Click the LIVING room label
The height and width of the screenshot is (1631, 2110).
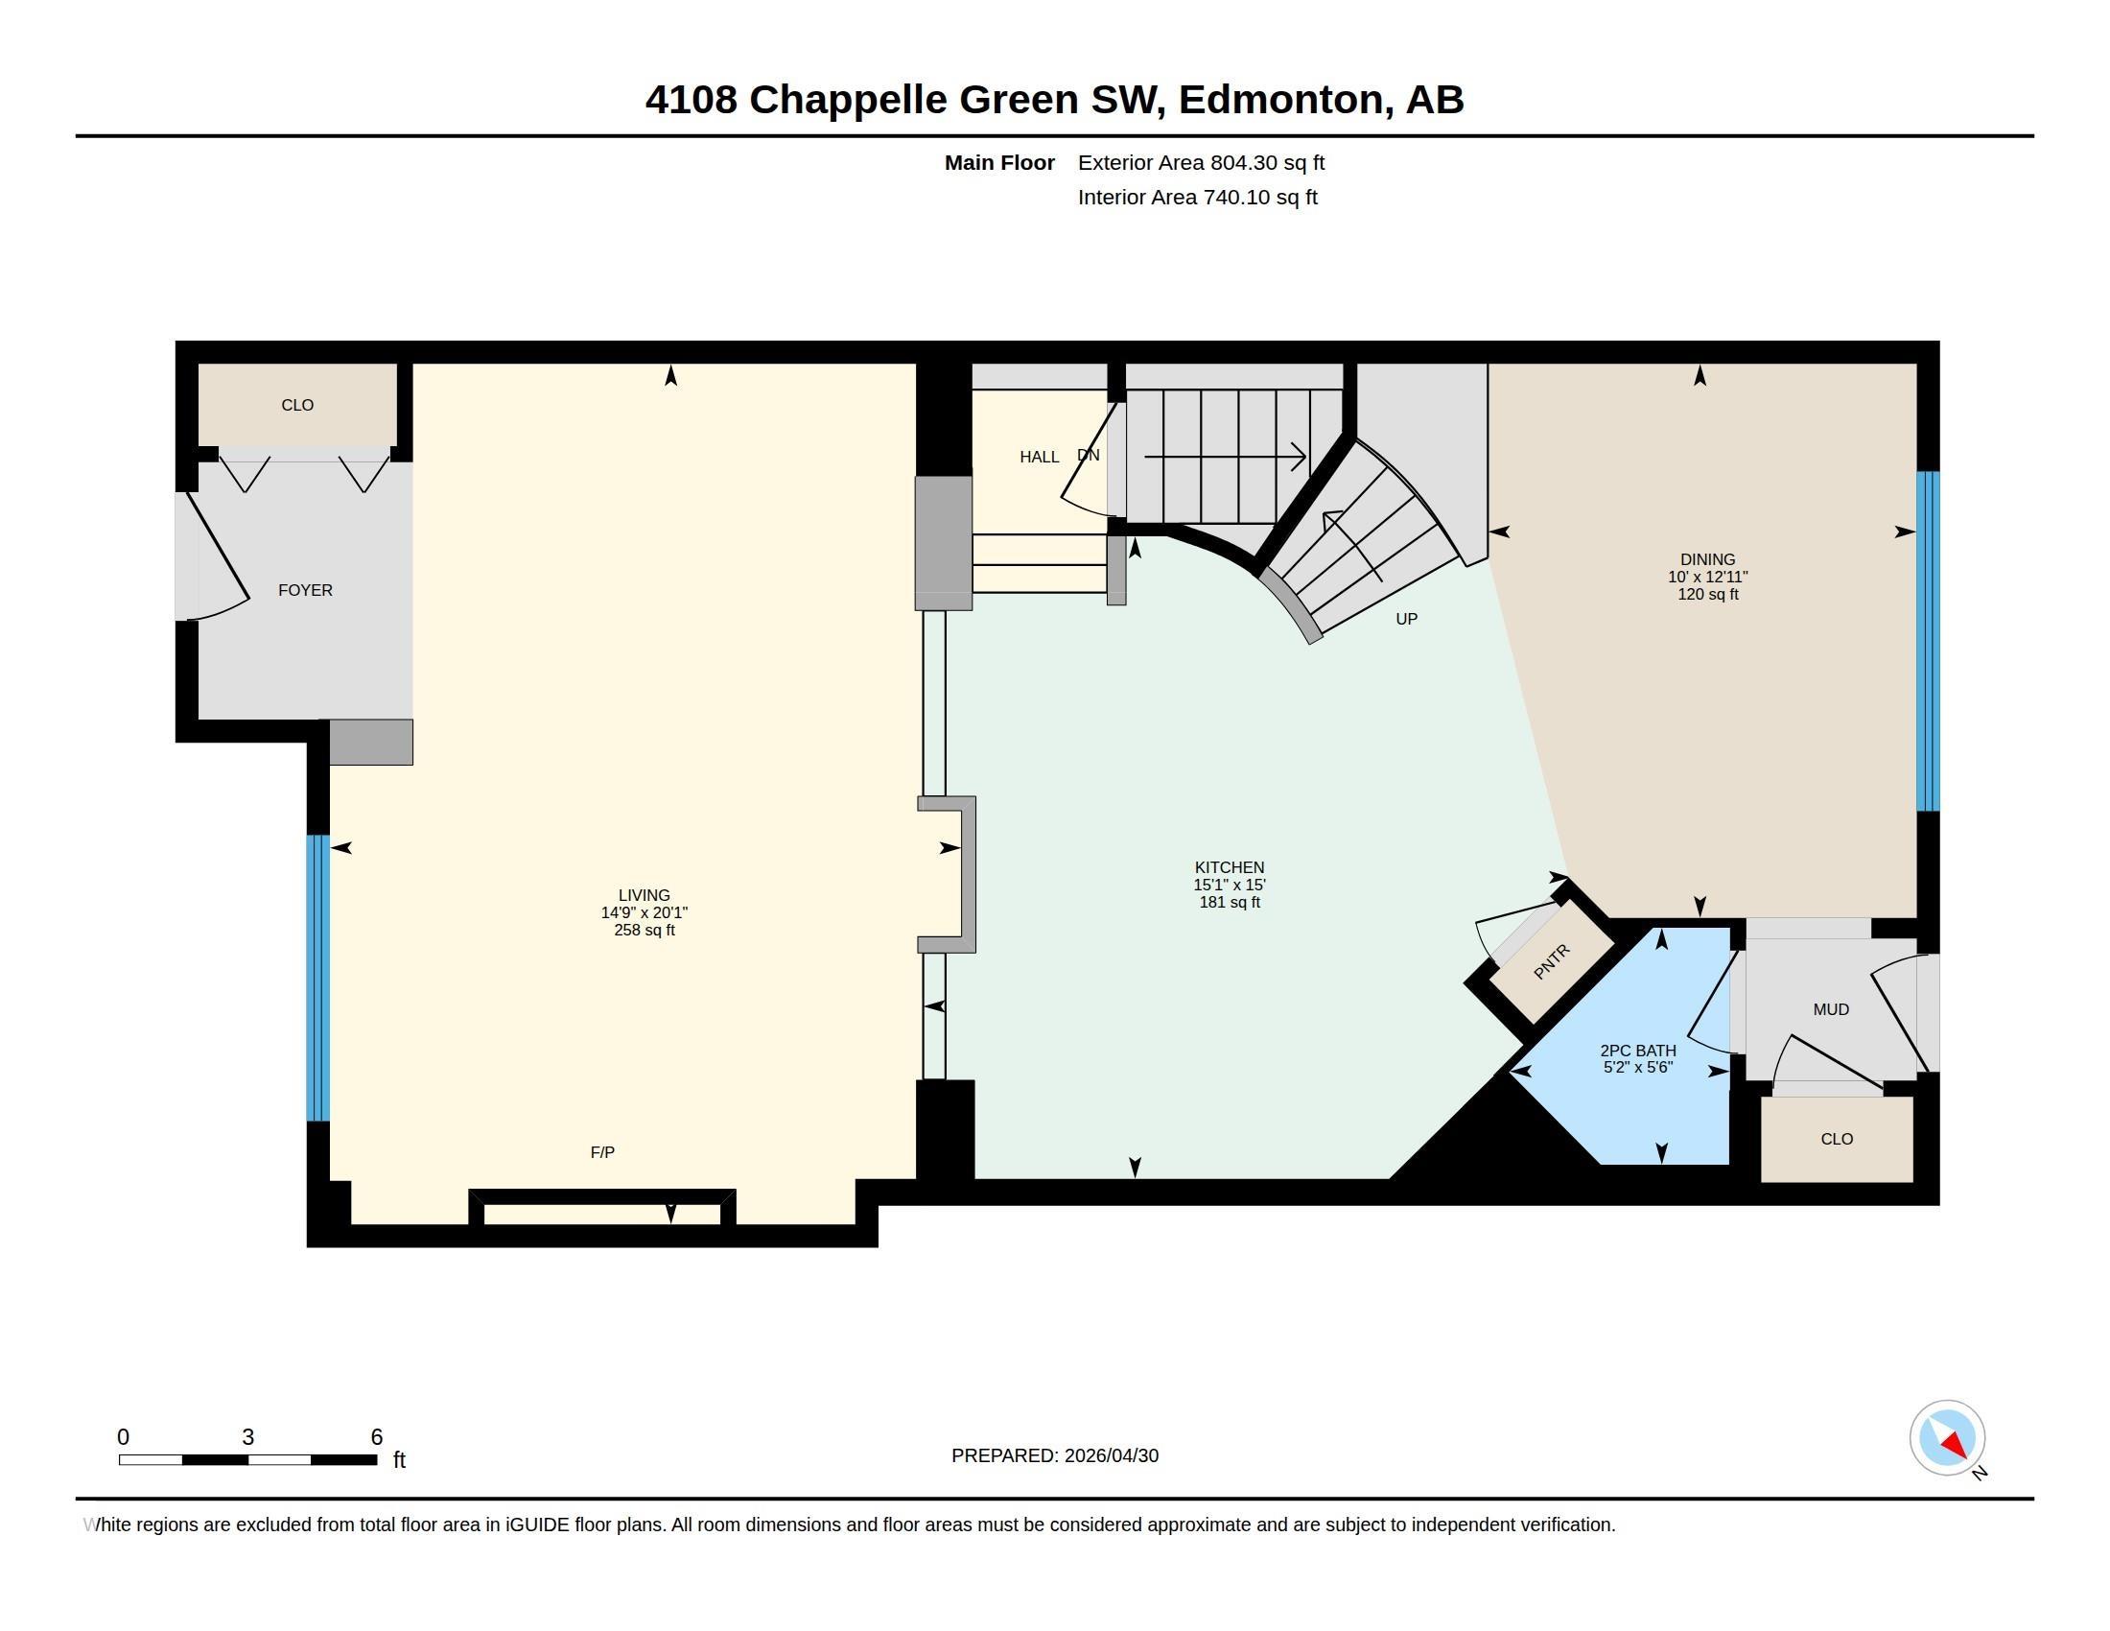point(644,896)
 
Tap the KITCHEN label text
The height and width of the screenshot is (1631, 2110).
point(1229,867)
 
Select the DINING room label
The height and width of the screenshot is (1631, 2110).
point(1707,559)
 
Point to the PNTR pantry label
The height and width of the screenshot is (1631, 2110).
point(1552,961)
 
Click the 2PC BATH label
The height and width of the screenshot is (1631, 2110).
point(1637,1051)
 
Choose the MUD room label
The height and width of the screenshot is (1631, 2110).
point(1831,1009)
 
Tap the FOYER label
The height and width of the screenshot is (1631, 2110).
point(305,590)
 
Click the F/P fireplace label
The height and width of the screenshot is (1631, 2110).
point(602,1151)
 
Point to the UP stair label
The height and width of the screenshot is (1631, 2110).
point(1407,620)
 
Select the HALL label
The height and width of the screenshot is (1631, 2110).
point(1040,457)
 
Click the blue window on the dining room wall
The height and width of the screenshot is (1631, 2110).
point(1928,641)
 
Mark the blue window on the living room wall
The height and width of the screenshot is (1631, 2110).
point(317,978)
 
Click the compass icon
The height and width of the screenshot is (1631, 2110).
point(1947,1438)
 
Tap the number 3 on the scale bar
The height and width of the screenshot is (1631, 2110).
point(247,1437)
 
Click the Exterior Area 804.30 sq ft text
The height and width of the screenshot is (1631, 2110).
point(1201,162)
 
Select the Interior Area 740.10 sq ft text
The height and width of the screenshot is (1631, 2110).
point(1197,197)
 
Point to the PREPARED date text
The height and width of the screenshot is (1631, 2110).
point(1055,1455)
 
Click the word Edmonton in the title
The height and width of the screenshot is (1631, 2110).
point(1280,100)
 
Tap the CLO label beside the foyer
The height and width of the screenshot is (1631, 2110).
point(297,405)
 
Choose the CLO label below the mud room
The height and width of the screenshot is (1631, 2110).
point(1837,1139)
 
